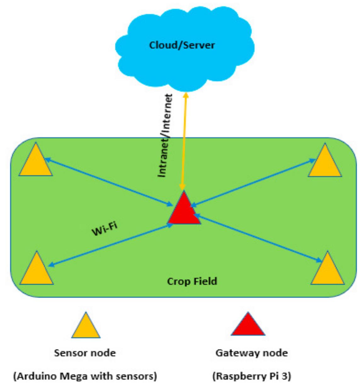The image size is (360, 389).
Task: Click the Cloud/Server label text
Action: click(x=182, y=45)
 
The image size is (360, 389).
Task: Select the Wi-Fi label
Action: click(x=104, y=229)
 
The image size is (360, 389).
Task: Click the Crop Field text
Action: click(x=192, y=281)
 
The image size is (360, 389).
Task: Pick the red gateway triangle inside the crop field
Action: click(x=184, y=211)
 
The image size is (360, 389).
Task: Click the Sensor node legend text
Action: click(x=85, y=353)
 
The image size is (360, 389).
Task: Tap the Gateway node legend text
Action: click(x=251, y=353)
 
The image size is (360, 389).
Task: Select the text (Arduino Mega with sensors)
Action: click(x=85, y=376)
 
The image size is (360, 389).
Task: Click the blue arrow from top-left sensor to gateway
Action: click(x=107, y=182)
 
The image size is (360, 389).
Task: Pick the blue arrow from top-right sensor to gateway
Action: click(x=252, y=183)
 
